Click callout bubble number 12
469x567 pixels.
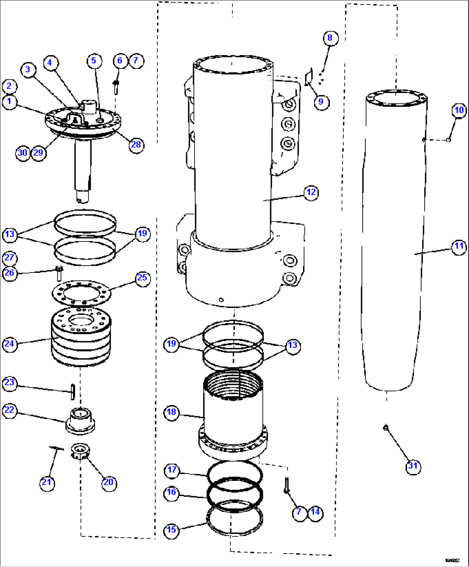pyautogui.click(x=311, y=192)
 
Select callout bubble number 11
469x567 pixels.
pyautogui.click(x=459, y=247)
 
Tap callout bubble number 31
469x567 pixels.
pyautogui.click(x=413, y=466)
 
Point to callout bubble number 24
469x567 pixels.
pyautogui.click(x=9, y=344)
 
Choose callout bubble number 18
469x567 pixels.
pyautogui.click(x=171, y=412)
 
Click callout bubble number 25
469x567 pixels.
pyautogui.click(x=142, y=278)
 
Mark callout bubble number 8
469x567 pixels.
pyautogui.click(x=330, y=38)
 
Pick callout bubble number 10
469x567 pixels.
pyautogui.click(x=459, y=110)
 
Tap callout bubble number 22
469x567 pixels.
pyautogui.click(x=9, y=410)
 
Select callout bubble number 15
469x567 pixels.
pyautogui.click(x=171, y=530)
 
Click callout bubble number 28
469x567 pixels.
pyautogui.click(x=136, y=145)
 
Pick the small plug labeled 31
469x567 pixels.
pyautogui.click(x=386, y=428)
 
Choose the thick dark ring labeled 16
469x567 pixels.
pyautogui.click(x=234, y=490)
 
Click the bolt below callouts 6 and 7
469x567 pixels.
pyautogui.click(x=116, y=86)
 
